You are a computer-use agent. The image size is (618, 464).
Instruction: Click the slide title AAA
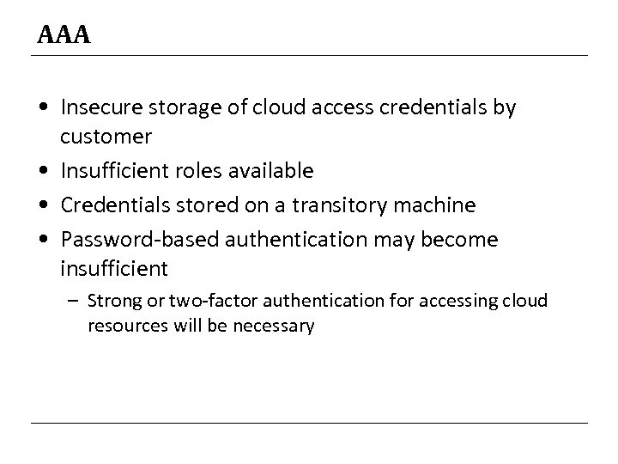(64, 36)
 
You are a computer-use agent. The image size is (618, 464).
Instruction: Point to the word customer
(106, 136)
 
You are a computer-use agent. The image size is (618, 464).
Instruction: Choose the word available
(272, 171)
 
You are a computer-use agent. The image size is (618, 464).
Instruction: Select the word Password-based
(133, 241)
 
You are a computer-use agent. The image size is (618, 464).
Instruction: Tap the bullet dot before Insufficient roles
(43, 172)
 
